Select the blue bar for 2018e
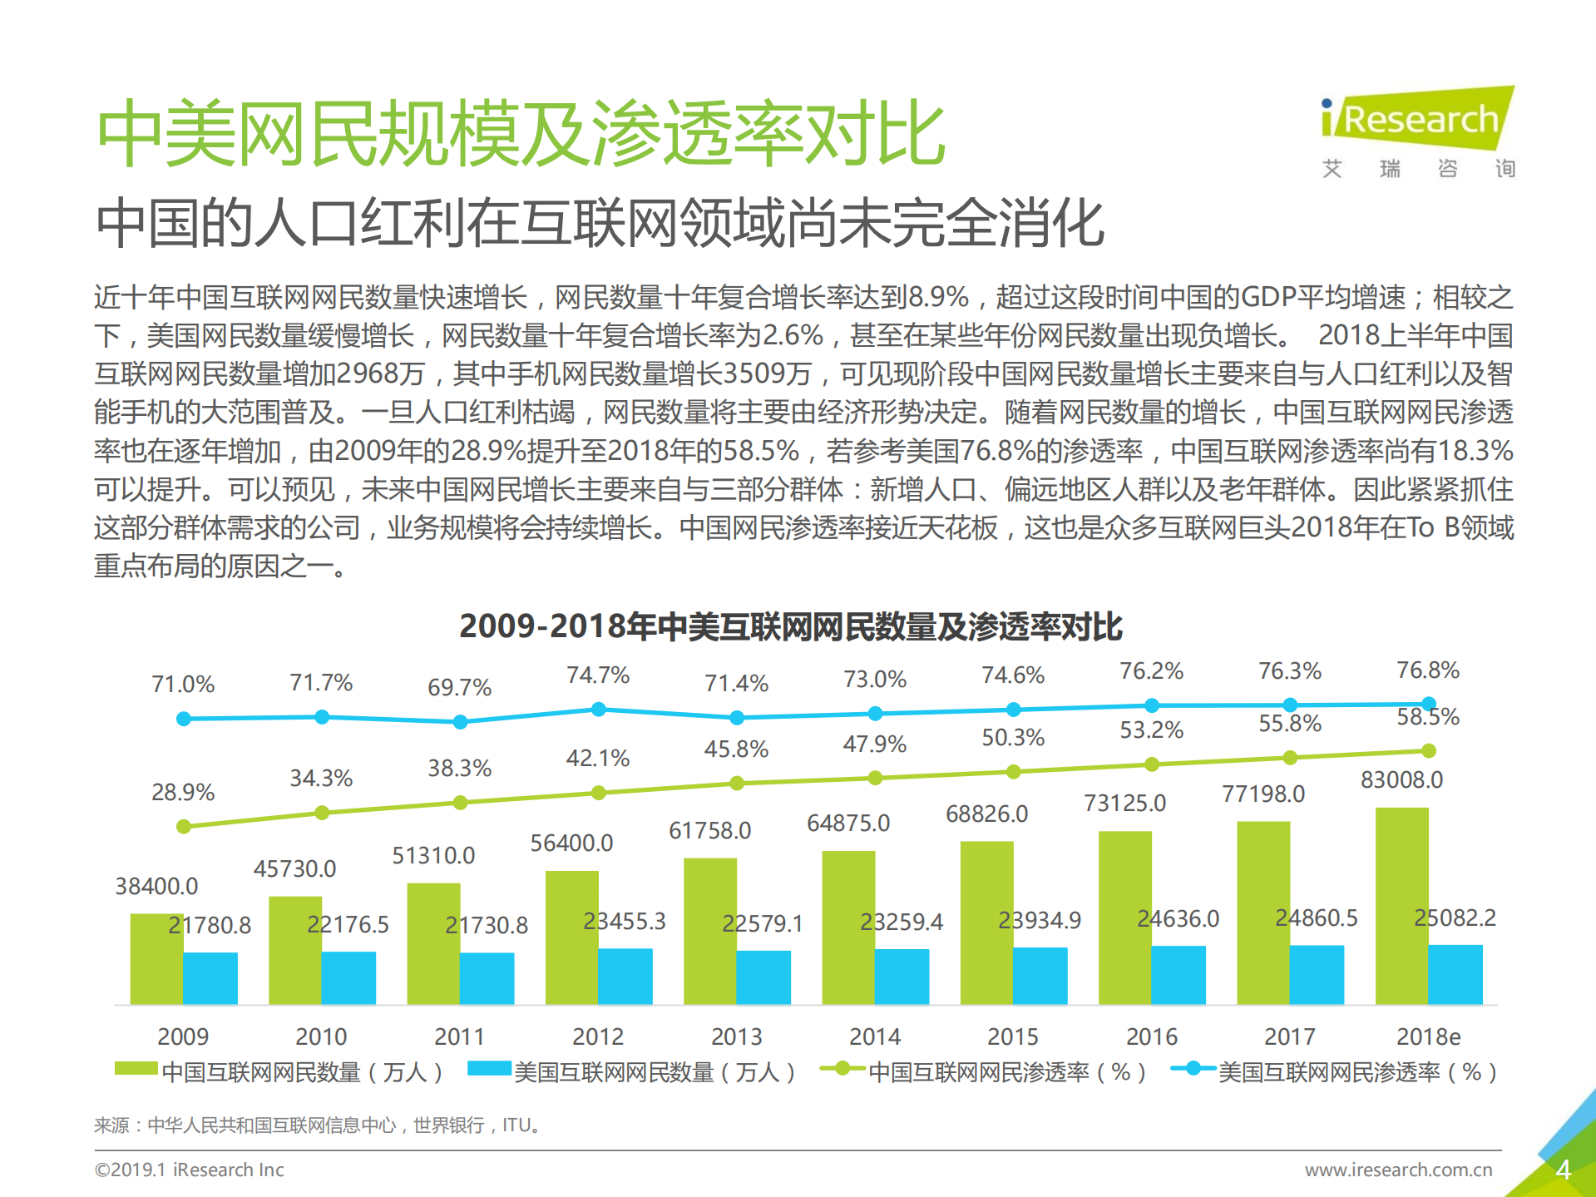point(1455,974)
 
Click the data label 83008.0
point(1401,780)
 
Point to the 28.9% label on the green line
point(183,792)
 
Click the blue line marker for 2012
point(598,710)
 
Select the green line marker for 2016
point(1152,764)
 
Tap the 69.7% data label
point(459,688)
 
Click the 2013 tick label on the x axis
point(736,1036)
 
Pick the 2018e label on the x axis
point(1428,1036)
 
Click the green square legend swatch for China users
point(136,1070)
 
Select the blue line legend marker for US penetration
point(1193,1069)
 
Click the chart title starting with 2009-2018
point(790,626)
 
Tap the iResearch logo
point(1418,121)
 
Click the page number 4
point(1563,1170)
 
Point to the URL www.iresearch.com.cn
point(1398,1170)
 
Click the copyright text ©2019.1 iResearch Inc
point(190,1170)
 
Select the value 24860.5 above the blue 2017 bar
point(1316,918)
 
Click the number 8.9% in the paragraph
point(937,297)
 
